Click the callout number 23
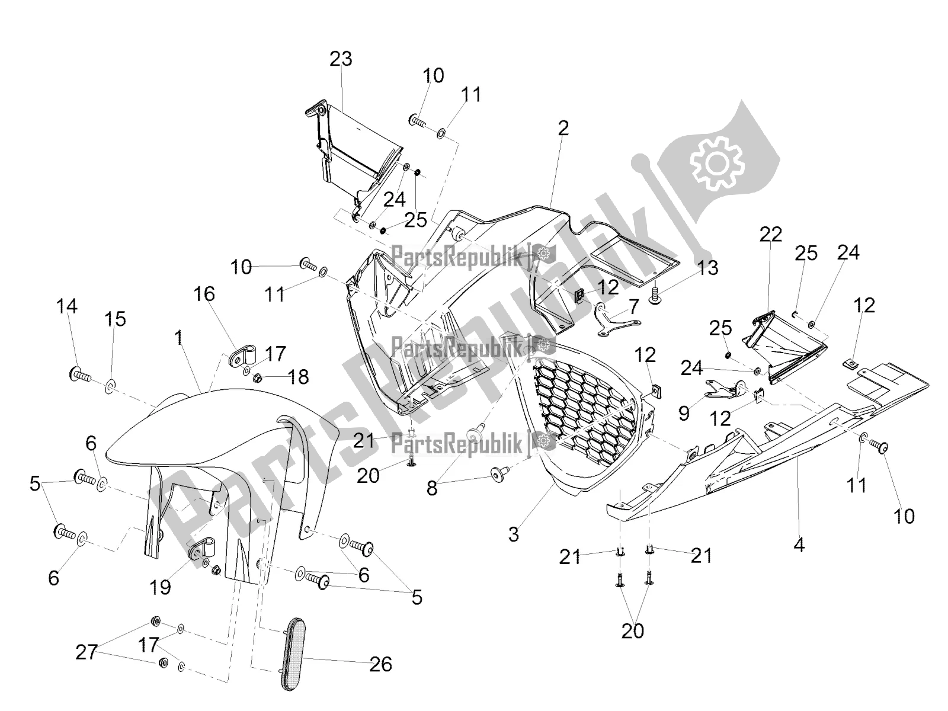341,59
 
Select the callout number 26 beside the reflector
380,664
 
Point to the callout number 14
67,306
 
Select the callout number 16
204,294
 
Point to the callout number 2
563,127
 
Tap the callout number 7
634,306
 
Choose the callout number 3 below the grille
513,534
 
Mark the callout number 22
771,234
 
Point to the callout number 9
684,412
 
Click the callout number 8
432,489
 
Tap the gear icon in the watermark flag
716,161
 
